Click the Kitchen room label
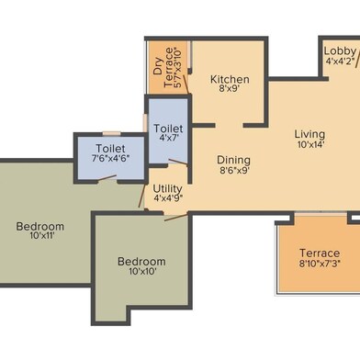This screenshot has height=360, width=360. coord(230,80)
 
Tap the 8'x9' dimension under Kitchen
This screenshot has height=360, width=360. coord(229,89)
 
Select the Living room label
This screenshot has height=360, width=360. coord(309,134)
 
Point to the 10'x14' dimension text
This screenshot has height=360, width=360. coord(310,144)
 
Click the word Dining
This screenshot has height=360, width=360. coord(233,160)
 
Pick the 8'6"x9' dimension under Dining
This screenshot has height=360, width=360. coord(234,170)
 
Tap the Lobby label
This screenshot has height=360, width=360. coord(340,51)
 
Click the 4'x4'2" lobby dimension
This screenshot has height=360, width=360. coord(340,61)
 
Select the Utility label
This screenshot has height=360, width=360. coord(167,188)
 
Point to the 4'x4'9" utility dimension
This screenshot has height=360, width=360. coord(168,198)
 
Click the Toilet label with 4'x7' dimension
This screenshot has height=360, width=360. coord(168,128)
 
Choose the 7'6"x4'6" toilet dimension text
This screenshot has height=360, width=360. coord(111,158)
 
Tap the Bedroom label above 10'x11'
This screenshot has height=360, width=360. coord(40,227)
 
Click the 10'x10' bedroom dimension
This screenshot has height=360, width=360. coord(142,271)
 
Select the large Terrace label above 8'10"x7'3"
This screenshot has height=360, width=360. coord(320,253)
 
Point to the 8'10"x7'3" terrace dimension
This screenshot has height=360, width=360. coord(321,263)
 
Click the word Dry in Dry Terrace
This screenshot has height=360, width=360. coord(158,66)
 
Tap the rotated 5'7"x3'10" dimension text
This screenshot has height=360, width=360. coord(178,67)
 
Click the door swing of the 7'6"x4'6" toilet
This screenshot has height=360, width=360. coord(107,178)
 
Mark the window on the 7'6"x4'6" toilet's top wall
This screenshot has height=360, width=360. coord(112,133)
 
